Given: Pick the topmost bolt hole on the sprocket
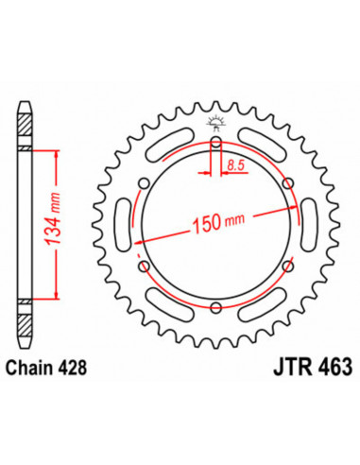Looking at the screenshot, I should coord(216,144).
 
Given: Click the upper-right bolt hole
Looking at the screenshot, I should coord(287,184).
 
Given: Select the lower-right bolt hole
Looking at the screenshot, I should coord(287,267).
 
